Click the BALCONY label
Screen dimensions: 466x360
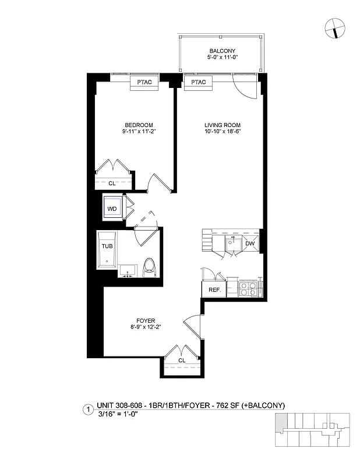tap(222, 51)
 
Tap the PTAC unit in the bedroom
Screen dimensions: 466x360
tap(144, 82)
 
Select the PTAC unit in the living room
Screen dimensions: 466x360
tap(198, 82)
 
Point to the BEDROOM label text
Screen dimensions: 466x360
tap(139, 125)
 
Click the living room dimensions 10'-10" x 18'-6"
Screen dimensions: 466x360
tap(222, 132)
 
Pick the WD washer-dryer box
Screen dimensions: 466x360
tap(112, 208)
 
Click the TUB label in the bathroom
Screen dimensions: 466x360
tap(107, 246)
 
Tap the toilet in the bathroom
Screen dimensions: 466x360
tap(149, 267)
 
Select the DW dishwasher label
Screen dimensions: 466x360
tap(249, 243)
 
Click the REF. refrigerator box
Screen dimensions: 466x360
tap(211, 290)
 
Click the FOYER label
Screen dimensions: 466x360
tap(145, 320)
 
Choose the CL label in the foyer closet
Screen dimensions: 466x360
tap(182, 361)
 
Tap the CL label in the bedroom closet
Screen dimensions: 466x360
tap(112, 182)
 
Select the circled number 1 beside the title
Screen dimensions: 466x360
tap(88, 409)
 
